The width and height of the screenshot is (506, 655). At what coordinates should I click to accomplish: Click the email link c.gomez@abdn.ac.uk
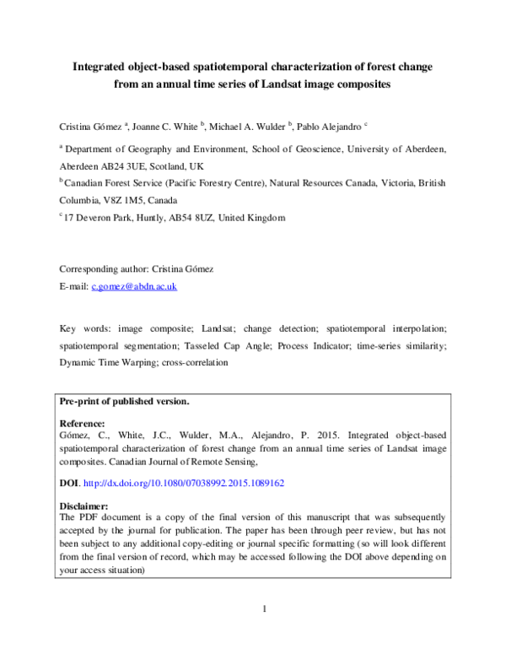(x=134, y=286)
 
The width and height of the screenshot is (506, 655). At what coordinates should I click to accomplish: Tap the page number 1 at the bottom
(x=264, y=609)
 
